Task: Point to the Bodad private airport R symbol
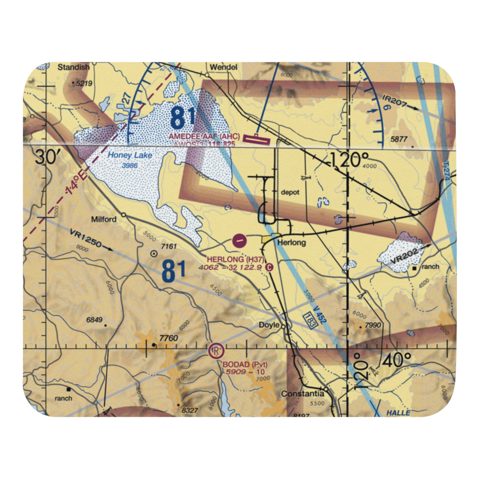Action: [x=216, y=352]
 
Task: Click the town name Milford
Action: [x=103, y=219]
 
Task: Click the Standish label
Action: [x=73, y=68]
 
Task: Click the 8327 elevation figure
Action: [x=190, y=411]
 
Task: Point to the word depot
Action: [x=290, y=192]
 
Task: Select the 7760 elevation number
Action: [x=169, y=339]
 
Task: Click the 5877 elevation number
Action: [x=398, y=139]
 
